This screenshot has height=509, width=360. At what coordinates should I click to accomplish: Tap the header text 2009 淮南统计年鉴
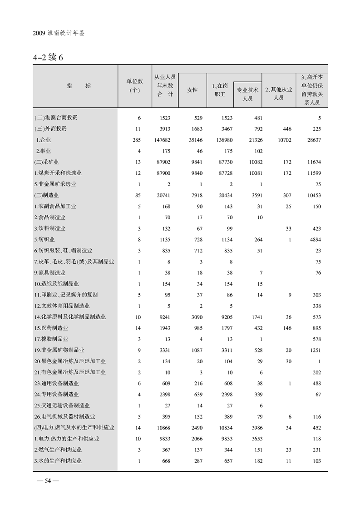tap(59, 34)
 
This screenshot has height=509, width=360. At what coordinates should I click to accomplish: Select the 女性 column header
tap(192, 90)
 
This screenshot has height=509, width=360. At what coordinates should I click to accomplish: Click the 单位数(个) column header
tap(134, 85)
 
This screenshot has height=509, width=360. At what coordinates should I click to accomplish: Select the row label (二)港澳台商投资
tap(56, 118)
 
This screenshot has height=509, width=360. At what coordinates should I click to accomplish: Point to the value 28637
tap(314, 140)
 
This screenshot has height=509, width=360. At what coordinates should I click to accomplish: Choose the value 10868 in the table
tap(164, 428)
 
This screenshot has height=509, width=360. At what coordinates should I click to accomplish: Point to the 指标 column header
tap(75, 85)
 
